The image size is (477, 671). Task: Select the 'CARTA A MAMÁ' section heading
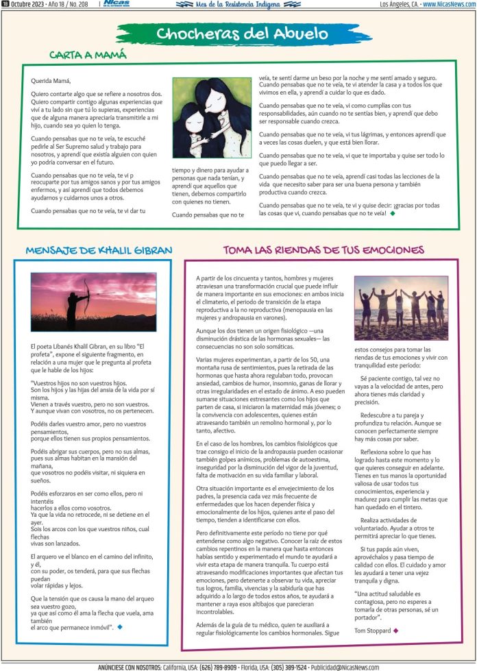pyautogui.click(x=88, y=54)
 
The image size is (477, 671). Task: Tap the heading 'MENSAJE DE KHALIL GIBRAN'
pyautogui.click(x=99, y=250)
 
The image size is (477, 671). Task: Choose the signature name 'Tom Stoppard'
pyautogui.click(x=373, y=630)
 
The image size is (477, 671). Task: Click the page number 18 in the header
pyautogui.click(x=5, y=4)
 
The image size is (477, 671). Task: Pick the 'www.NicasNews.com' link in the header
pyautogui.click(x=449, y=4)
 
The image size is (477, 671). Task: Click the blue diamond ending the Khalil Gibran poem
pyautogui.click(x=120, y=626)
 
